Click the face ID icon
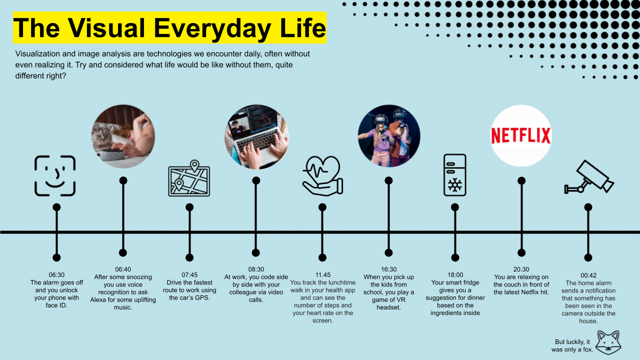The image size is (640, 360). (x=55, y=175)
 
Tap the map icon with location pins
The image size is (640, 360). (x=189, y=178)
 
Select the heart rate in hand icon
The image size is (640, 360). (x=322, y=175)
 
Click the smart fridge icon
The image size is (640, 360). (x=455, y=175)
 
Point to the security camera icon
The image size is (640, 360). (x=589, y=177)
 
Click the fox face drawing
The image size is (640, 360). (x=608, y=342)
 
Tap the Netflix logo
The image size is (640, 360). (x=521, y=135)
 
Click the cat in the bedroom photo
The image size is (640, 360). (x=103, y=137)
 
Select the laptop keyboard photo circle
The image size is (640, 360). (x=256, y=136)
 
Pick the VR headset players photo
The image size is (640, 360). (x=389, y=136)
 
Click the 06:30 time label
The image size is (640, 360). (x=56, y=275)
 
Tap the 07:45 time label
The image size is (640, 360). (x=189, y=275)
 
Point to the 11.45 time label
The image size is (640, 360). (x=323, y=275)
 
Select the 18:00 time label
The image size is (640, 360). (x=455, y=275)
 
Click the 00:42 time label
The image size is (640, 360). (x=588, y=275)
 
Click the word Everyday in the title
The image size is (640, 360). (x=212, y=28)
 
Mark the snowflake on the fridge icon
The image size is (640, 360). (x=455, y=185)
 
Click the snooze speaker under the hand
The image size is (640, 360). (x=112, y=155)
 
